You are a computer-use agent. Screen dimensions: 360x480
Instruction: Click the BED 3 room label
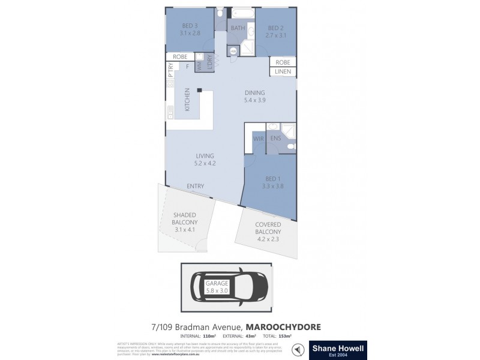tap(189, 29)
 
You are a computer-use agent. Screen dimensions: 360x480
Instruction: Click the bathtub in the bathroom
tap(241, 13)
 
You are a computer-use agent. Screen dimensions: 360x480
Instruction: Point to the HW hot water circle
tap(233, 51)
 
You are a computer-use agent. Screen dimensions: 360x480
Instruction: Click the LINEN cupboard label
tap(283, 71)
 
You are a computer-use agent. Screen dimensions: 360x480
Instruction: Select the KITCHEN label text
tap(187, 100)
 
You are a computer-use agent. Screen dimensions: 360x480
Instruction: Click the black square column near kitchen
tap(200, 92)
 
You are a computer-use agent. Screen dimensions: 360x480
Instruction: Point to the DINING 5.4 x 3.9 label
tap(254, 97)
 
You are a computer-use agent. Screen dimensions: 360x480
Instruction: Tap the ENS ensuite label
tap(276, 139)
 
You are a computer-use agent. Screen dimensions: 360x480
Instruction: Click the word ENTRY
tap(195, 186)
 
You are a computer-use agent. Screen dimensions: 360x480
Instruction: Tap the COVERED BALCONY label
tap(268, 228)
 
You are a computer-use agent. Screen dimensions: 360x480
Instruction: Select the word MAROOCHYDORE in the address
tap(283, 326)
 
